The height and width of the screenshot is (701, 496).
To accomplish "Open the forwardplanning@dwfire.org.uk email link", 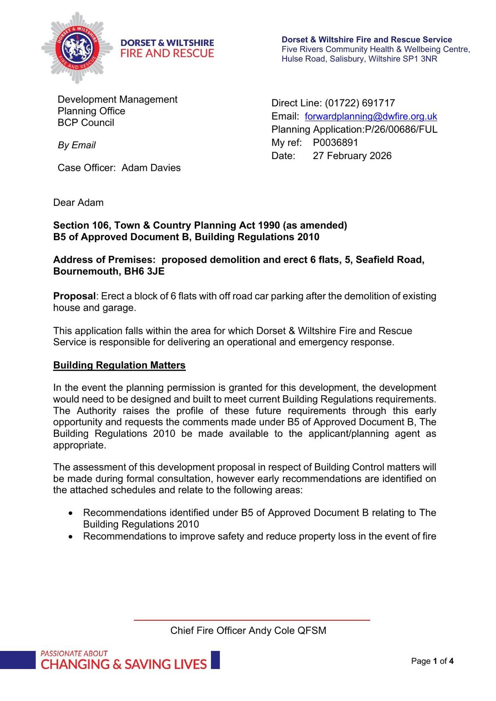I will [x=371, y=116].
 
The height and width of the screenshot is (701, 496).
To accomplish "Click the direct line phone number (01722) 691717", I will [x=360, y=103].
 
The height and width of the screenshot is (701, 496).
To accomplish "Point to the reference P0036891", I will [x=335, y=142].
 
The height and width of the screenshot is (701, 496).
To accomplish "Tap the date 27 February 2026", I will [x=352, y=156].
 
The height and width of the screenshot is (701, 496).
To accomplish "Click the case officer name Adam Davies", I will [x=151, y=168].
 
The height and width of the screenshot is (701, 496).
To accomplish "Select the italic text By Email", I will [x=77, y=145].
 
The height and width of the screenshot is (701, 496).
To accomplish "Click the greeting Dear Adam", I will [x=78, y=202].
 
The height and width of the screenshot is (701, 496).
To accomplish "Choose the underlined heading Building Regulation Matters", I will [x=119, y=365].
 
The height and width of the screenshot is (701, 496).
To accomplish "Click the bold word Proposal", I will [x=74, y=296].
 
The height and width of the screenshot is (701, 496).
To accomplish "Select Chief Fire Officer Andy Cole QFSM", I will [x=248, y=630].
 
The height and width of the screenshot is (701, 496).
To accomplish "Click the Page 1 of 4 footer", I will [x=432, y=661].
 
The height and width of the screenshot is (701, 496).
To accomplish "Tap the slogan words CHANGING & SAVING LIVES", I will [x=124, y=664].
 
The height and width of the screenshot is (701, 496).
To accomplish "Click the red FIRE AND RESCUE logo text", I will [x=167, y=53].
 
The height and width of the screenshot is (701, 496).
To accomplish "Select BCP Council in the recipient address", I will [x=86, y=123].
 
